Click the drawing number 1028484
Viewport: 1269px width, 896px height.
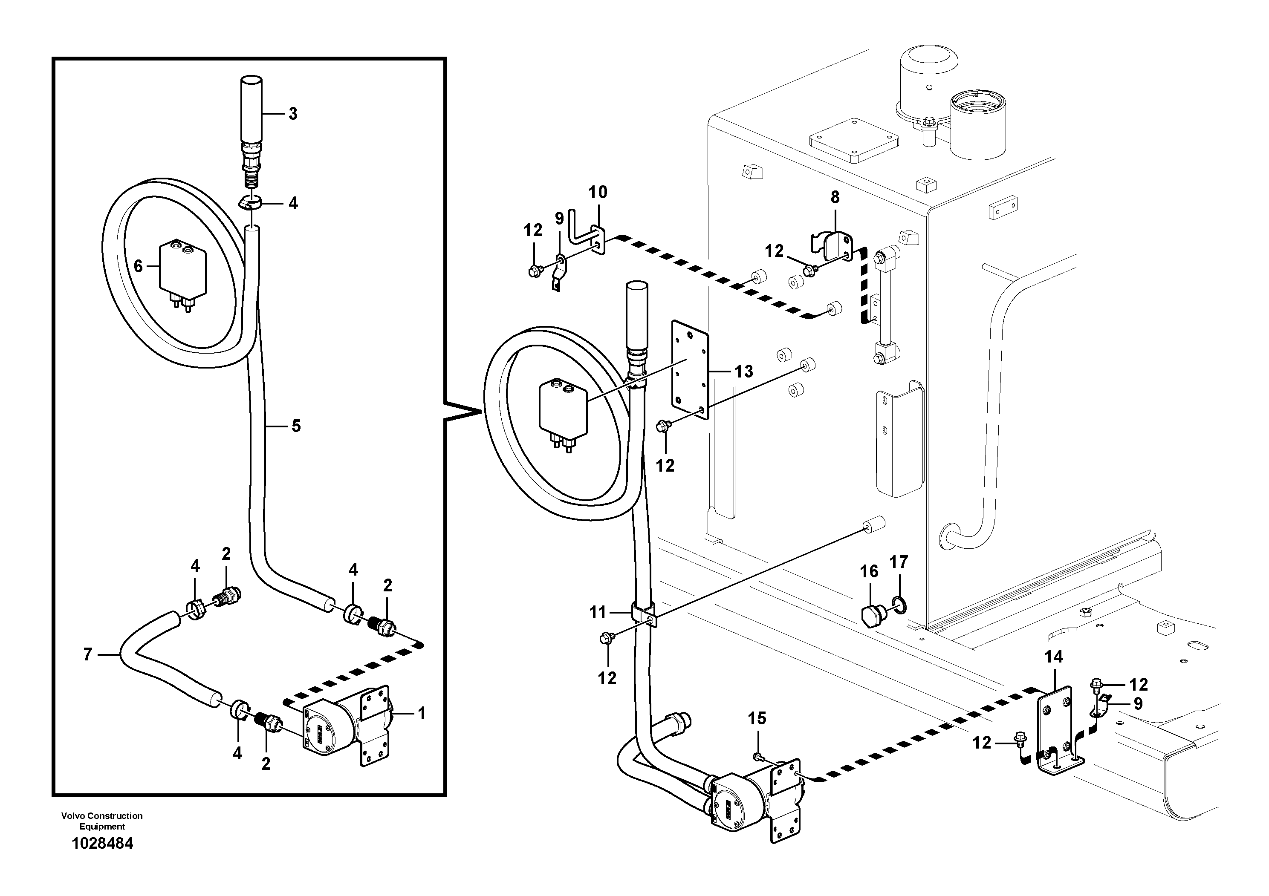[102, 844]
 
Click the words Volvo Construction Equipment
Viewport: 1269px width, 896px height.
[102, 821]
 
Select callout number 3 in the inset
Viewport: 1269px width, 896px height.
[293, 114]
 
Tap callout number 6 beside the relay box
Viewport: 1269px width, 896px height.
[138, 267]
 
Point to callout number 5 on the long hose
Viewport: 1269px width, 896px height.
[296, 426]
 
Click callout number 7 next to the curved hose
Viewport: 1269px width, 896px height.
[87, 654]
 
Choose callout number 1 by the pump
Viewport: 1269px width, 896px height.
[422, 714]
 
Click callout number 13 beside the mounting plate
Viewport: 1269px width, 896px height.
[744, 372]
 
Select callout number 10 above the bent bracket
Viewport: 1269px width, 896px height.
[598, 192]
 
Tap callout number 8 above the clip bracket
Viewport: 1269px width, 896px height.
[835, 197]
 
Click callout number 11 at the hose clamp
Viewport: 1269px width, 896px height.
[598, 612]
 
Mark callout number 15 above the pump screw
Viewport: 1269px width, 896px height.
[757, 719]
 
